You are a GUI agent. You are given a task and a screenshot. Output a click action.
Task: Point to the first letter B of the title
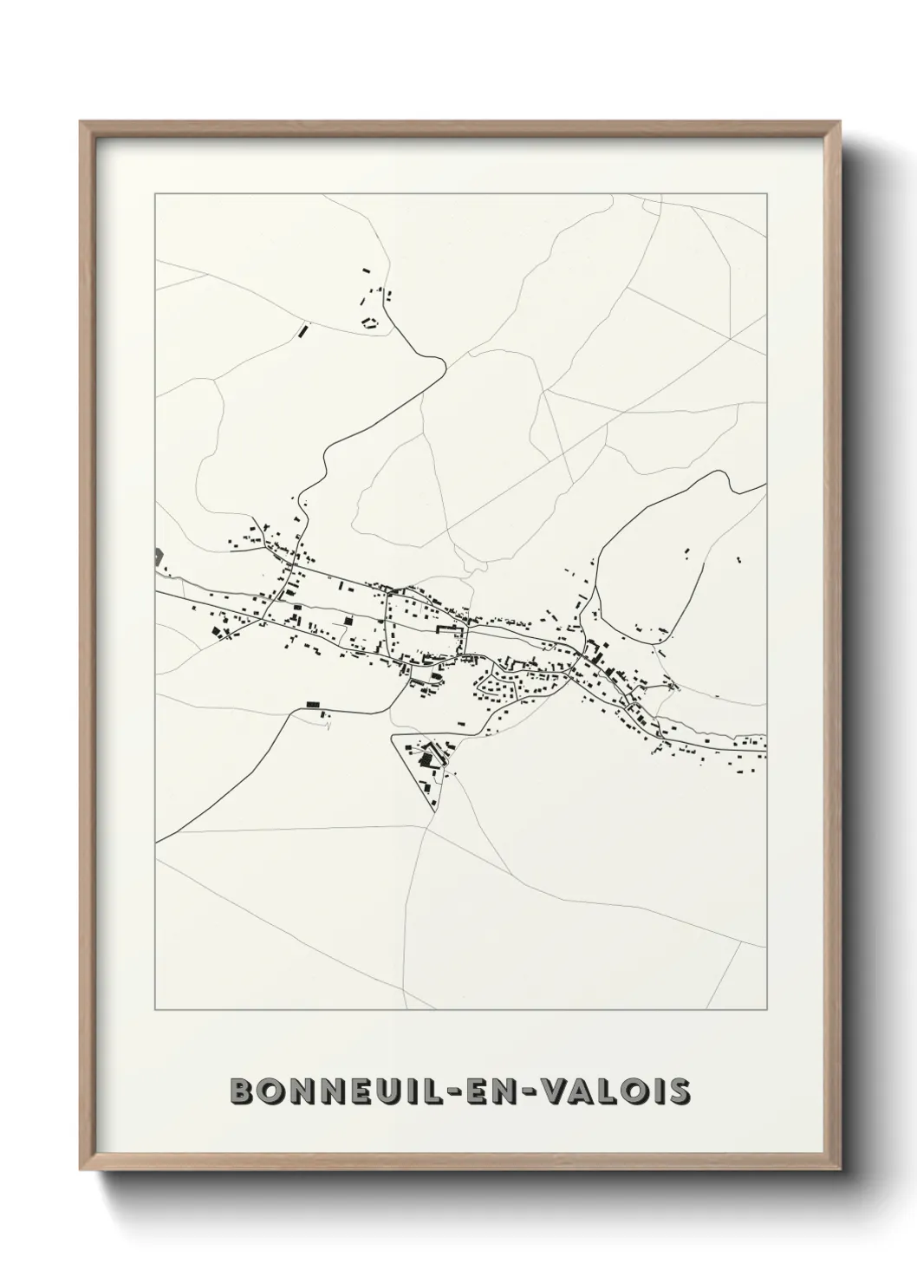(x=242, y=1091)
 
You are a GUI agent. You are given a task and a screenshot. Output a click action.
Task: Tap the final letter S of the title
(x=680, y=1091)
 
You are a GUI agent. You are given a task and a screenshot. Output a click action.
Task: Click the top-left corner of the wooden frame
(x=81, y=122)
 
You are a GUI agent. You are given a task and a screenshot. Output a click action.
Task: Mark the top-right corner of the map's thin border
(x=766, y=194)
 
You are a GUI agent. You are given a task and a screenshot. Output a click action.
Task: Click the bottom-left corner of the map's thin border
(x=155, y=1011)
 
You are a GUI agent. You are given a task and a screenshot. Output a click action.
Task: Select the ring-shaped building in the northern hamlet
(x=370, y=323)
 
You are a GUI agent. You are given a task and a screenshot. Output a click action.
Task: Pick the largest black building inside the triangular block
(x=426, y=759)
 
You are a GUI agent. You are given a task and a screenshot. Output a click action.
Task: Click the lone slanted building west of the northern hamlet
(x=302, y=329)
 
